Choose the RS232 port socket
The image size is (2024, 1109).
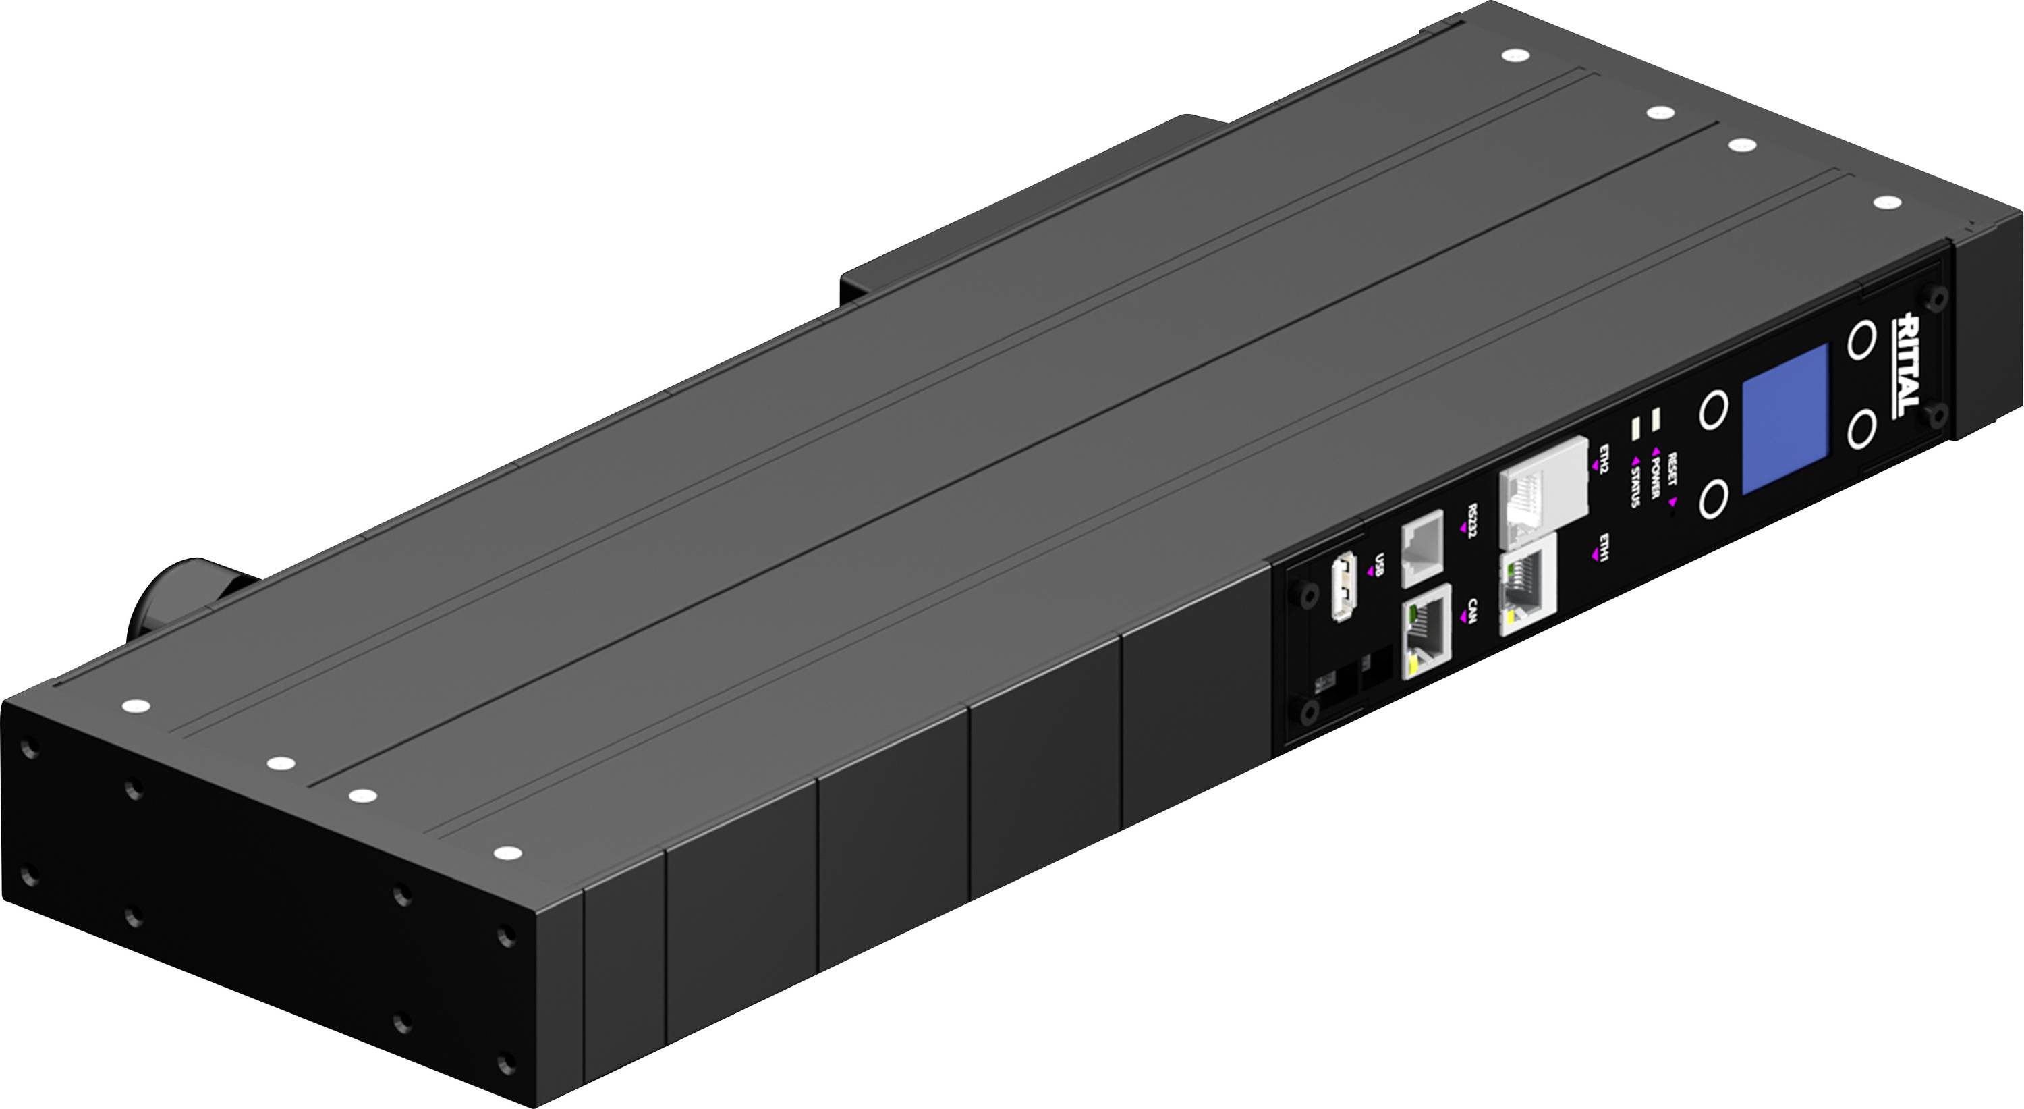click(1423, 546)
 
